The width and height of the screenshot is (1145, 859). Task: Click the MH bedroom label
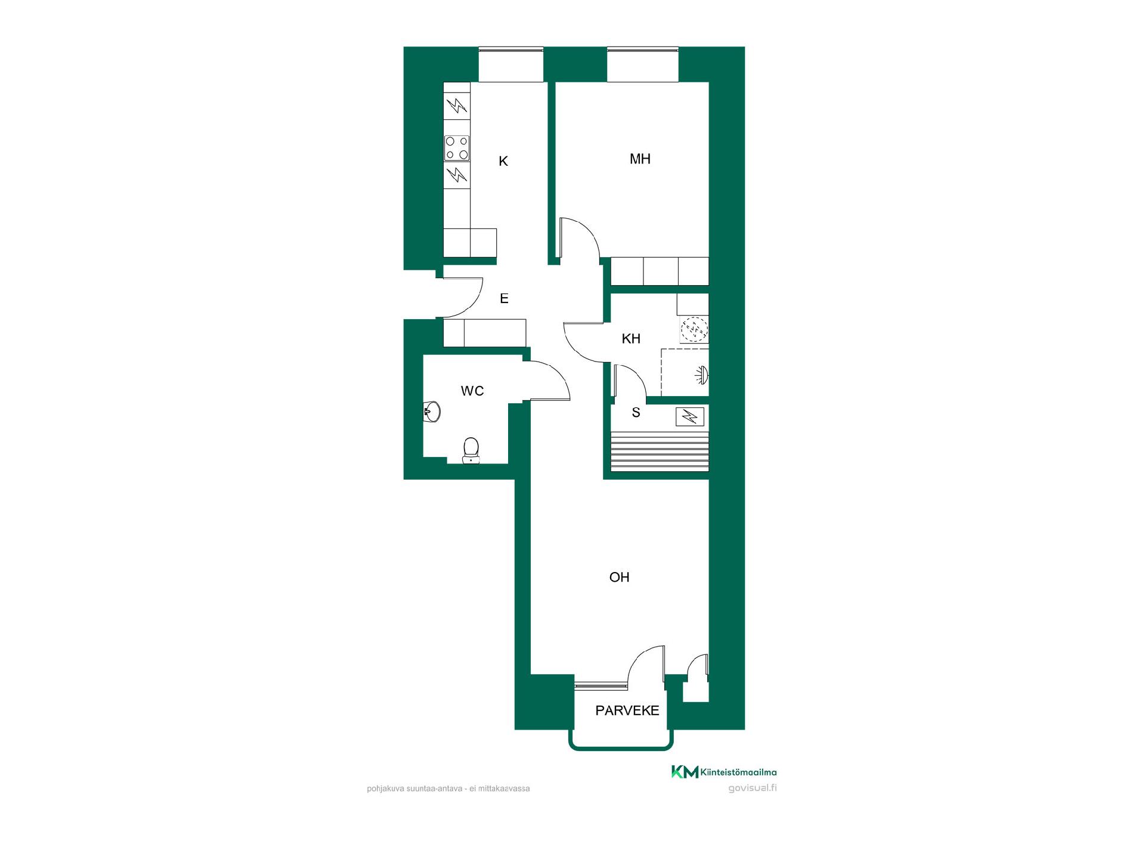click(x=640, y=159)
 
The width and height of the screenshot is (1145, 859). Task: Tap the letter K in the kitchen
click(x=503, y=161)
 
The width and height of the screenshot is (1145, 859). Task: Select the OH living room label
click(x=620, y=577)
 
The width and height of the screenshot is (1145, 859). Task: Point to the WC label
click(x=472, y=391)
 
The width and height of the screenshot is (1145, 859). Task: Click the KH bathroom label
click(x=631, y=339)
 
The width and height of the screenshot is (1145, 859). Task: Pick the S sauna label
click(x=636, y=412)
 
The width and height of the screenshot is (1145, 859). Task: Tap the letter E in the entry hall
click(x=504, y=298)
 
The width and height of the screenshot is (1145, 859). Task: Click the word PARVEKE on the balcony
click(x=627, y=710)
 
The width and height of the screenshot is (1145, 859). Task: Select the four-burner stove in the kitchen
click(x=457, y=148)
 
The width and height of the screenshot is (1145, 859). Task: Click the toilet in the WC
click(x=471, y=450)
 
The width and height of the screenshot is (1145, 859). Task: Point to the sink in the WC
click(x=431, y=411)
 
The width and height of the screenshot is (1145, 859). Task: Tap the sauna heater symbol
click(x=690, y=416)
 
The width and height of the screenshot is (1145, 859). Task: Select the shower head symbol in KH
click(x=703, y=375)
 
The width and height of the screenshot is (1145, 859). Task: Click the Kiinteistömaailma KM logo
click(x=724, y=772)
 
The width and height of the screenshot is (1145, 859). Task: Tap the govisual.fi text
click(x=753, y=788)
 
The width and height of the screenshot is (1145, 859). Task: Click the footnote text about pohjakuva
click(x=448, y=789)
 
